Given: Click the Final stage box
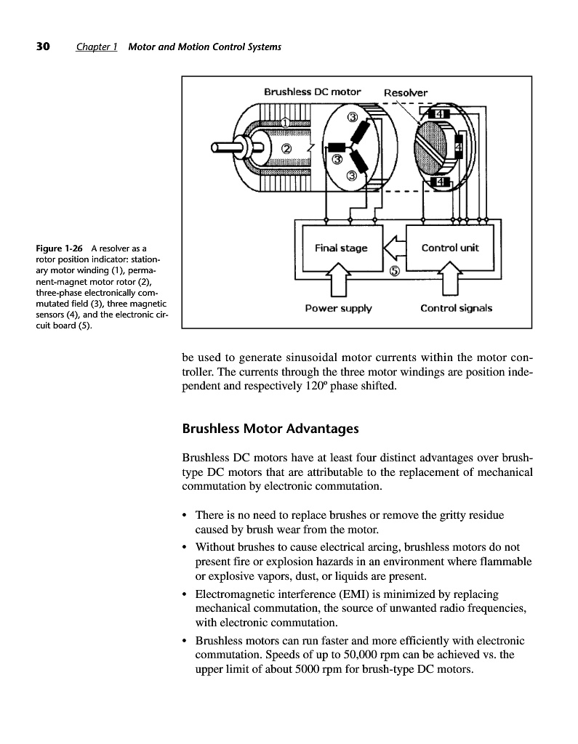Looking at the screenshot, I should (x=340, y=248).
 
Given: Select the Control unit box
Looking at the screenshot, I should (x=450, y=248).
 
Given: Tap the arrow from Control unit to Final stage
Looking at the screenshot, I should (x=393, y=248).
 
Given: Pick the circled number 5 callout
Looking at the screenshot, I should (x=394, y=272).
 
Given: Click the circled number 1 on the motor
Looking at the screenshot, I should (x=286, y=122).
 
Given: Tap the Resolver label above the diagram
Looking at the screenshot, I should (x=405, y=92).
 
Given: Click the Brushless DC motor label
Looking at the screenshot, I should (x=312, y=92).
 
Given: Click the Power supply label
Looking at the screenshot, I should (x=338, y=308).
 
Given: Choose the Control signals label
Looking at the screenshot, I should (x=456, y=308).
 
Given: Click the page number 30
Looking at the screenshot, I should (x=43, y=47).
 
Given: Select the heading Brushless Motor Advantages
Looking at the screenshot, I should (x=270, y=429).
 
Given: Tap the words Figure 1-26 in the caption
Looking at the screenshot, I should (x=58, y=249).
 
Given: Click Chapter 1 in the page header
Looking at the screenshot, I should (x=97, y=47).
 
